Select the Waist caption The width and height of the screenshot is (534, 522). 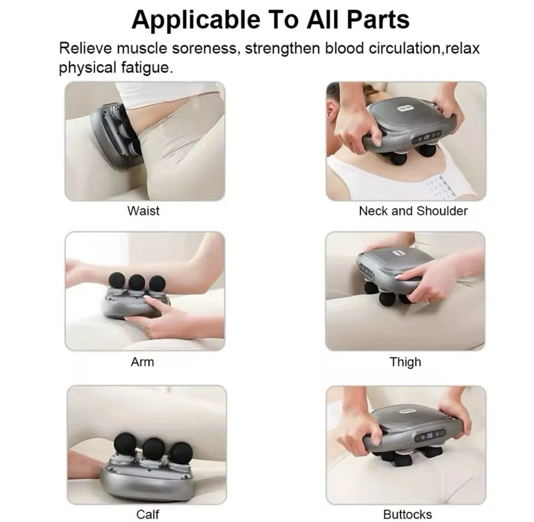coord(143,210)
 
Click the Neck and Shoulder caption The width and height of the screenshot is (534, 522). coord(413,211)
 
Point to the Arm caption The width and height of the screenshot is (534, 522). coord(142,362)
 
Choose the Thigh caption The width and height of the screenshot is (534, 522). coord(405,362)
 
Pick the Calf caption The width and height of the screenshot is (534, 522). coord(147,514)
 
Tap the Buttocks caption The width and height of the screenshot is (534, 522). coord(407,514)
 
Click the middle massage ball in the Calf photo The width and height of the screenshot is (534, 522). coord(154,450)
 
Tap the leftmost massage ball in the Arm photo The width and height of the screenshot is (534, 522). coord(117,282)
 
